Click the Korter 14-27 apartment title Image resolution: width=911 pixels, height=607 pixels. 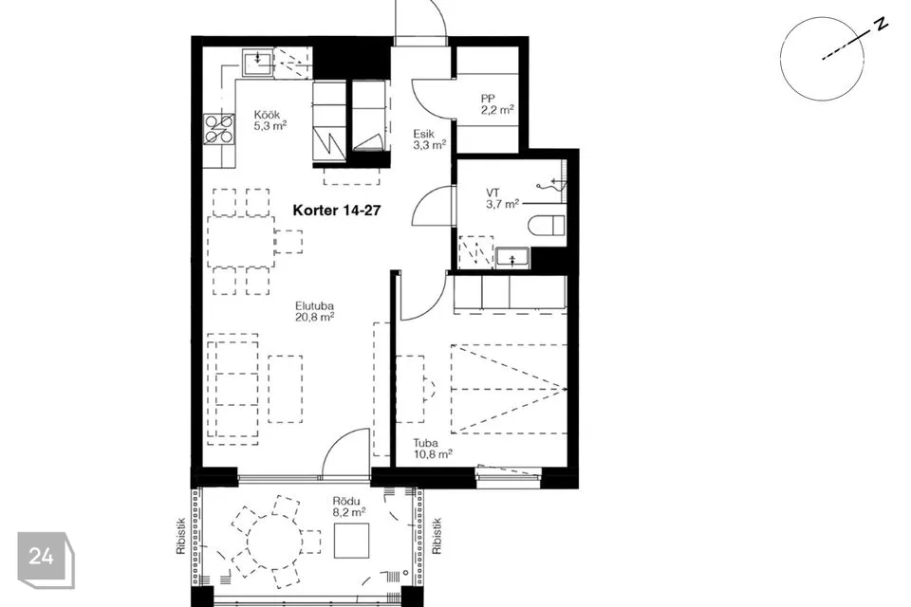[x=336, y=211]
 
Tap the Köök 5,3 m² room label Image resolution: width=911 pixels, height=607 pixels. [x=270, y=120]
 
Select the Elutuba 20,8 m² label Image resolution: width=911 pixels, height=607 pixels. [x=314, y=311]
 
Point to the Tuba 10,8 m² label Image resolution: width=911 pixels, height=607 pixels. [x=433, y=449]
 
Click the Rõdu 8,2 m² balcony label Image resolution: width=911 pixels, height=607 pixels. [x=348, y=506]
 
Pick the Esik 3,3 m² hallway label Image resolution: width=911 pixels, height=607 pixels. [x=429, y=139]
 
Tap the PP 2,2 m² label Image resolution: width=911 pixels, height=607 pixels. [x=497, y=104]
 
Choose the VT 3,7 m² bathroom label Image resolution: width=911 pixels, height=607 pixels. [x=502, y=198]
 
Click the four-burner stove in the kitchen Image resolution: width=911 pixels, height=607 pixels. [x=219, y=129]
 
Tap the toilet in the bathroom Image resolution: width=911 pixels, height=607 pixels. [x=547, y=226]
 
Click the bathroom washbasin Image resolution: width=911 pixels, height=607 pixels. [x=512, y=258]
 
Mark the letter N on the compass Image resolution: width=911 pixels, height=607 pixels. [x=882, y=25]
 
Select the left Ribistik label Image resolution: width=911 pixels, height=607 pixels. [x=180, y=536]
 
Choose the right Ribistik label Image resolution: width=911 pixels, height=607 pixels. [x=437, y=536]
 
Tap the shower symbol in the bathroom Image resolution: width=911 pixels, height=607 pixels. [x=551, y=184]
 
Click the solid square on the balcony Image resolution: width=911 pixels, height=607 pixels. [x=352, y=541]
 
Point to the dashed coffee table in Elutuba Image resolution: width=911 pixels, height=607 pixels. [x=286, y=389]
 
